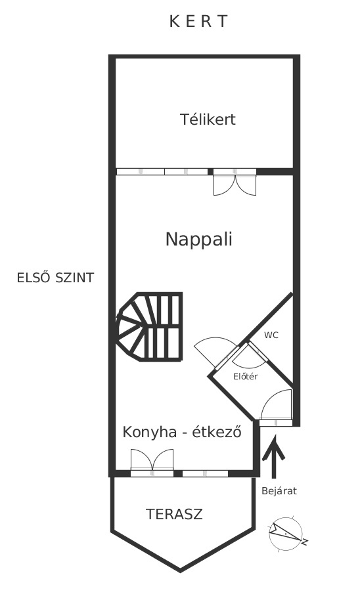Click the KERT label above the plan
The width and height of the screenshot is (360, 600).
pyautogui.click(x=198, y=22)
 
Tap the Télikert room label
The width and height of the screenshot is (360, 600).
pyautogui.click(x=208, y=119)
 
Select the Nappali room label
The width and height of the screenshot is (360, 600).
pyautogui.click(x=199, y=239)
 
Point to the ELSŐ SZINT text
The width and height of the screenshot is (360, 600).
pyautogui.click(x=55, y=277)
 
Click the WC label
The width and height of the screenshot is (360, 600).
pyautogui.click(x=271, y=335)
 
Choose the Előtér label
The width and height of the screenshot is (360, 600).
pyautogui.click(x=246, y=376)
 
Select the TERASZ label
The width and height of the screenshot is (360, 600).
pyautogui.click(x=174, y=514)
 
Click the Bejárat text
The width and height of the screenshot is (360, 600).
pyautogui.click(x=279, y=491)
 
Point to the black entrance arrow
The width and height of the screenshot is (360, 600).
pyautogui.click(x=274, y=457)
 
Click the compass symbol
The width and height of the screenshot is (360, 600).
pyautogui.click(x=286, y=534)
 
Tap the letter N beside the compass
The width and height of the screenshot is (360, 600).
pyautogui.click(x=305, y=542)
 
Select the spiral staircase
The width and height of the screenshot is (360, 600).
pyautogui.click(x=148, y=327)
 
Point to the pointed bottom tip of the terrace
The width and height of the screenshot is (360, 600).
pyautogui.click(x=181, y=571)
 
